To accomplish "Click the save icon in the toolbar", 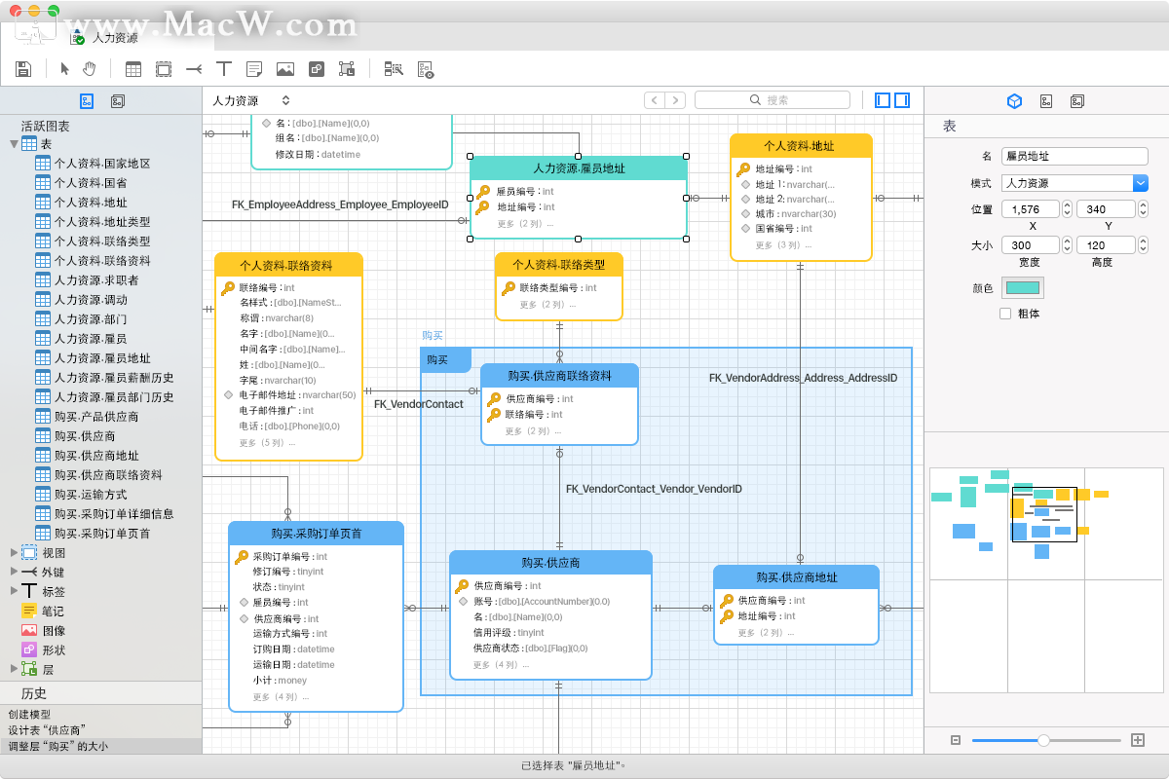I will [x=24, y=68].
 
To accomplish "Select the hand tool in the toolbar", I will [x=90, y=68].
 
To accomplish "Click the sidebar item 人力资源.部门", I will [x=90, y=319].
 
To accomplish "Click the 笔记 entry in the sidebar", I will [x=53, y=612].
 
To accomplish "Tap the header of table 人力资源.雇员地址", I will [x=579, y=168].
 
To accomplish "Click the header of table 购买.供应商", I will [x=550, y=563].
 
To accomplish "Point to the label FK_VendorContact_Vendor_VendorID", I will [x=654, y=489].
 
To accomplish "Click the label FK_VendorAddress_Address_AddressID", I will [x=803, y=378].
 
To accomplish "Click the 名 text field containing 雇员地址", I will [x=1075, y=156].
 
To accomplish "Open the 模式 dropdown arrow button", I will [x=1141, y=183].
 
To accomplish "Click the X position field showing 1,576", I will [x=1032, y=208].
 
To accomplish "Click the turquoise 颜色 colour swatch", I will [x=1022, y=287].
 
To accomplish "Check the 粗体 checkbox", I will [x=1005, y=314].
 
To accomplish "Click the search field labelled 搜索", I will [x=772, y=100].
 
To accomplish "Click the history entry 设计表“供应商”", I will [x=47, y=730].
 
